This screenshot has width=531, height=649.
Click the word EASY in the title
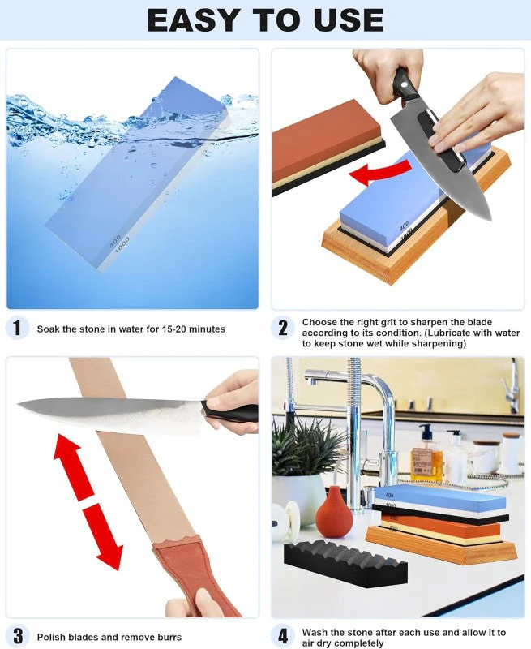pos(194,19)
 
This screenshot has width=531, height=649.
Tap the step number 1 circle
pos(17,329)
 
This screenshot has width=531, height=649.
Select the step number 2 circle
pos(283,328)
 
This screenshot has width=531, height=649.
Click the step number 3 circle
pos(17,636)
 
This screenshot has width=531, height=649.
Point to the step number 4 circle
pos(283,636)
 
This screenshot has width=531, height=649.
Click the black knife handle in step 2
pos(405,87)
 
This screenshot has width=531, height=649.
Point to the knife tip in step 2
pos(490,220)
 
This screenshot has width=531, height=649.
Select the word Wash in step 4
pos(315,632)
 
